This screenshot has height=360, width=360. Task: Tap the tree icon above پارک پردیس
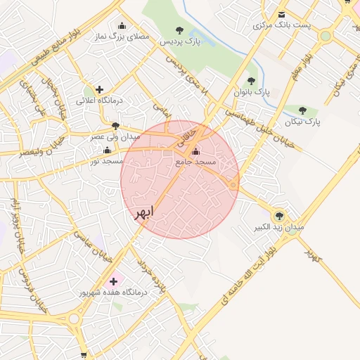[180, 30]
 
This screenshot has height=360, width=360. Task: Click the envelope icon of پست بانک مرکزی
[282, 15]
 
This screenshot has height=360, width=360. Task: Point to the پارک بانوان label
[252, 92]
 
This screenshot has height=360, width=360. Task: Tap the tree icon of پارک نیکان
[302, 110]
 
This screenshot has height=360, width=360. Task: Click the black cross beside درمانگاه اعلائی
[100, 89]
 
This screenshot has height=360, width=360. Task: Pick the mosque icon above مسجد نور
[107, 150]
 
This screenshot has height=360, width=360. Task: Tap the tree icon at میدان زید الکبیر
[280, 215]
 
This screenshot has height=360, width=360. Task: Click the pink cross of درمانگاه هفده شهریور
[113, 281]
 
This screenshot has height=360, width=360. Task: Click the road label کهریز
[311, 252]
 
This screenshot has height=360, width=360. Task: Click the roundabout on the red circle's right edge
[233, 184]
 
